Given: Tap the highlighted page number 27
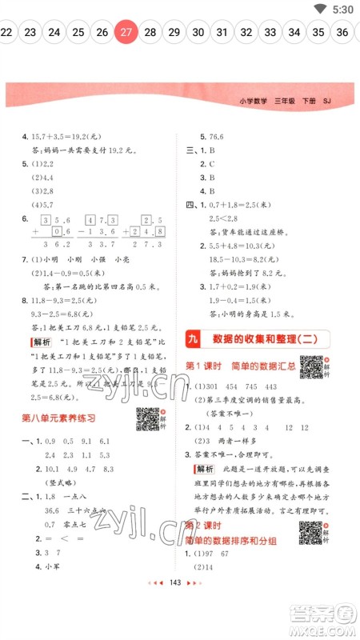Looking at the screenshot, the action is point(126,32).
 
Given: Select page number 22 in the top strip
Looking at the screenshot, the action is point(6,32).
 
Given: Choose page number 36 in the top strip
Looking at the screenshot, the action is point(342,32).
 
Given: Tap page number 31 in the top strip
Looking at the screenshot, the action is point(222,32).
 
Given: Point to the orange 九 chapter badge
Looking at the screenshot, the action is point(192,339).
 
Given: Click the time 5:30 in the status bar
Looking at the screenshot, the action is point(342,9).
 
